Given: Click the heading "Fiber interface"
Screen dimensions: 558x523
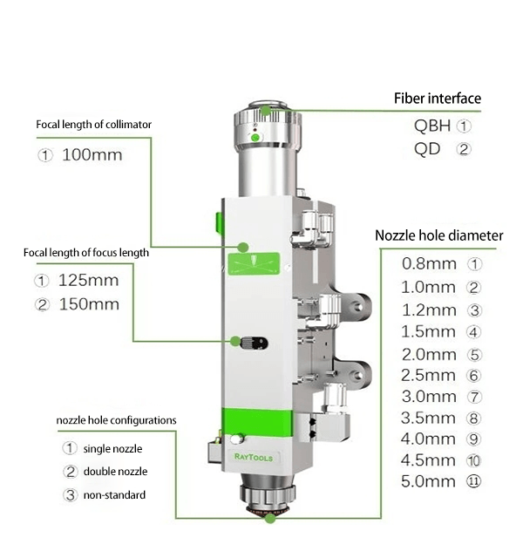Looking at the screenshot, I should click(437, 99).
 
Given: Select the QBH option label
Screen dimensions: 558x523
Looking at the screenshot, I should click(432, 126).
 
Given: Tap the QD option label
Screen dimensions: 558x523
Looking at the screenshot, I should click(427, 148).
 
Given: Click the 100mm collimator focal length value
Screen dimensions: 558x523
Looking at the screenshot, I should click(92, 156).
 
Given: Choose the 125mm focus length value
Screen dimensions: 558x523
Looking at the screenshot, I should click(88, 282).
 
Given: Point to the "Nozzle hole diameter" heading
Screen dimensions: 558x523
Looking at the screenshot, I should click(438, 235).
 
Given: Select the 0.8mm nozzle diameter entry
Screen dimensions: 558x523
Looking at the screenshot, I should click(428, 263).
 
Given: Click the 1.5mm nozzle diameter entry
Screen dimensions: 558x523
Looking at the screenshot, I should click(428, 332).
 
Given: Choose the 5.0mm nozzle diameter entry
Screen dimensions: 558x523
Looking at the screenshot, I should click(429, 481).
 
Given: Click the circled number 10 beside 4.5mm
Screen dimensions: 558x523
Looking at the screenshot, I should click(473, 460).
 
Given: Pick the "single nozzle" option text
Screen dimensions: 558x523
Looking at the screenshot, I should click(112, 449).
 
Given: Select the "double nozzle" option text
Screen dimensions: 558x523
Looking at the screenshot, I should click(115, 473).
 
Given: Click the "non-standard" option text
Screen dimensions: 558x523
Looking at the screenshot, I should click(114, 495).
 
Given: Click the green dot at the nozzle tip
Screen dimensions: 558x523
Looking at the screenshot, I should click(270, 520).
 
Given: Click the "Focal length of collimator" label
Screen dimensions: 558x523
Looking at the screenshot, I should click(94, 125).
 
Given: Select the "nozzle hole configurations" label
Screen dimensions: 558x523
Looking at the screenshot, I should click(116, 420).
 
